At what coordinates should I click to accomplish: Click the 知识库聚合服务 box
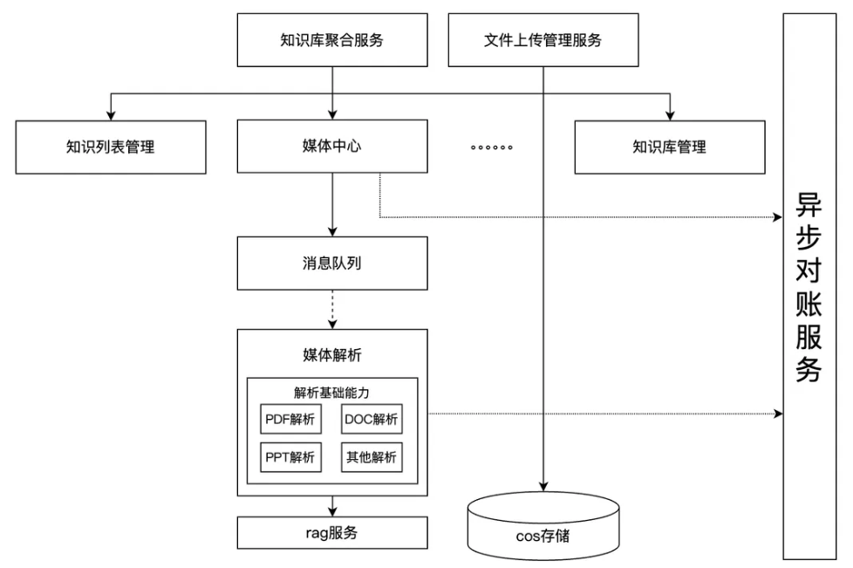(x=332, y=40)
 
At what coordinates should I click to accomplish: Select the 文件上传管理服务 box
(x=543, y=40)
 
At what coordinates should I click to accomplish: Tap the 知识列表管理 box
(x=110, y=147)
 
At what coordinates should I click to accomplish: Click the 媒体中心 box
(x=332, y=147)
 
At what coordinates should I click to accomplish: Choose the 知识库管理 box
(x=669, y=147)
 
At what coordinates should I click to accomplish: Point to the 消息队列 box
(x=332, y=263)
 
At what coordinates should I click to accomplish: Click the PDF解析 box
(x=291, y=420)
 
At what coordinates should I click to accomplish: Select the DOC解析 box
(x=372, y=420)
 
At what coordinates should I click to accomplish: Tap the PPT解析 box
(x=291, y=455)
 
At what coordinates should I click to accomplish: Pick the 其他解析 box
(x=372, y=455)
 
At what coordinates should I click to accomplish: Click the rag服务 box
(x=332, y=533)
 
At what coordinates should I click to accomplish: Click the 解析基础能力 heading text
(x=332, y=392)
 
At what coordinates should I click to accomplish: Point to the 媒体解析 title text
(x=332, y=354)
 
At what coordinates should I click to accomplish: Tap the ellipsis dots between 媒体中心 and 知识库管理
(x=491, y=147)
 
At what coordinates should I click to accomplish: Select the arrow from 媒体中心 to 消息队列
(x=332, y=206)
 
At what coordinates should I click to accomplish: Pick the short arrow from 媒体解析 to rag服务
(x=332, y=506)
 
